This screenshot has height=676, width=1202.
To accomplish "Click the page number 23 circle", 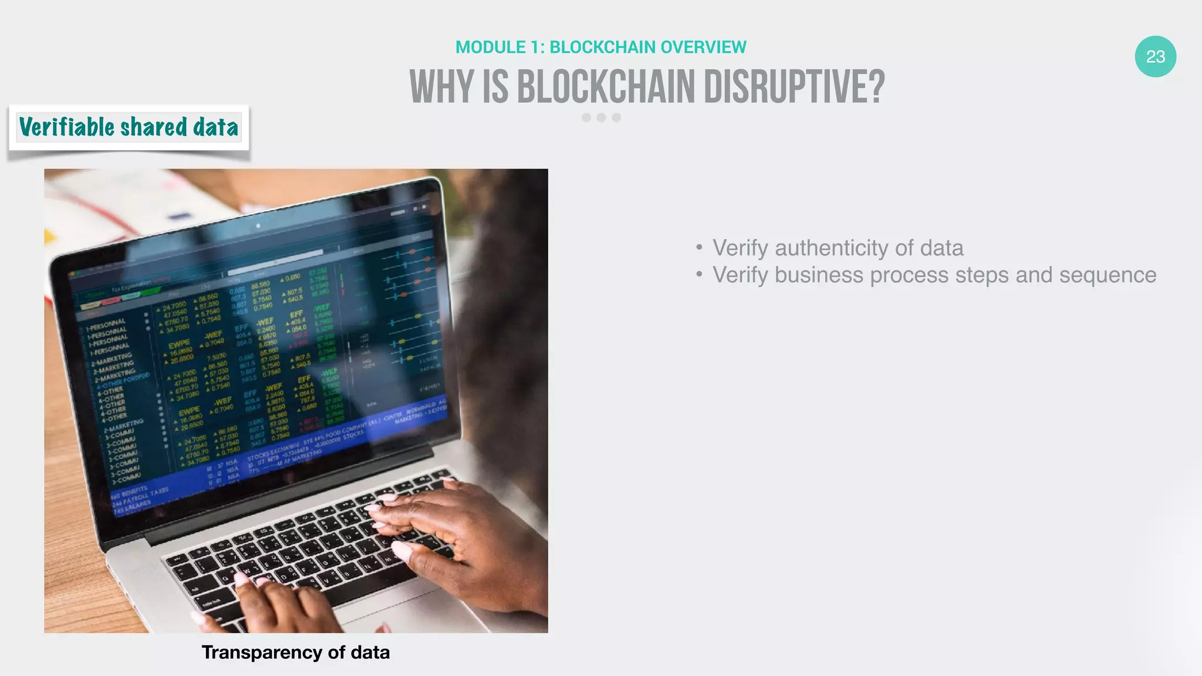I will coord(1155,56).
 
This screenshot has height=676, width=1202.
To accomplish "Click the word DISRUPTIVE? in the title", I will coord(794,87).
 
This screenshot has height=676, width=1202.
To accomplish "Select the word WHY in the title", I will coord(441,87).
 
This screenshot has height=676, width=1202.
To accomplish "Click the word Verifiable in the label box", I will coord(66,127).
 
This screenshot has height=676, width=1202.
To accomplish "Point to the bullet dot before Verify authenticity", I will coord(699,248).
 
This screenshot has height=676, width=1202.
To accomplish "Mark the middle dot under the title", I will coord(601,117).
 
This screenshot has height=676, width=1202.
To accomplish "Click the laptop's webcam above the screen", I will coord(258,225).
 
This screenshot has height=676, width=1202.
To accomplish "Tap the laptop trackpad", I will coord(411,610).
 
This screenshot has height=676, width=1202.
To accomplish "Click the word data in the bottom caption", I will coord(370,652).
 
